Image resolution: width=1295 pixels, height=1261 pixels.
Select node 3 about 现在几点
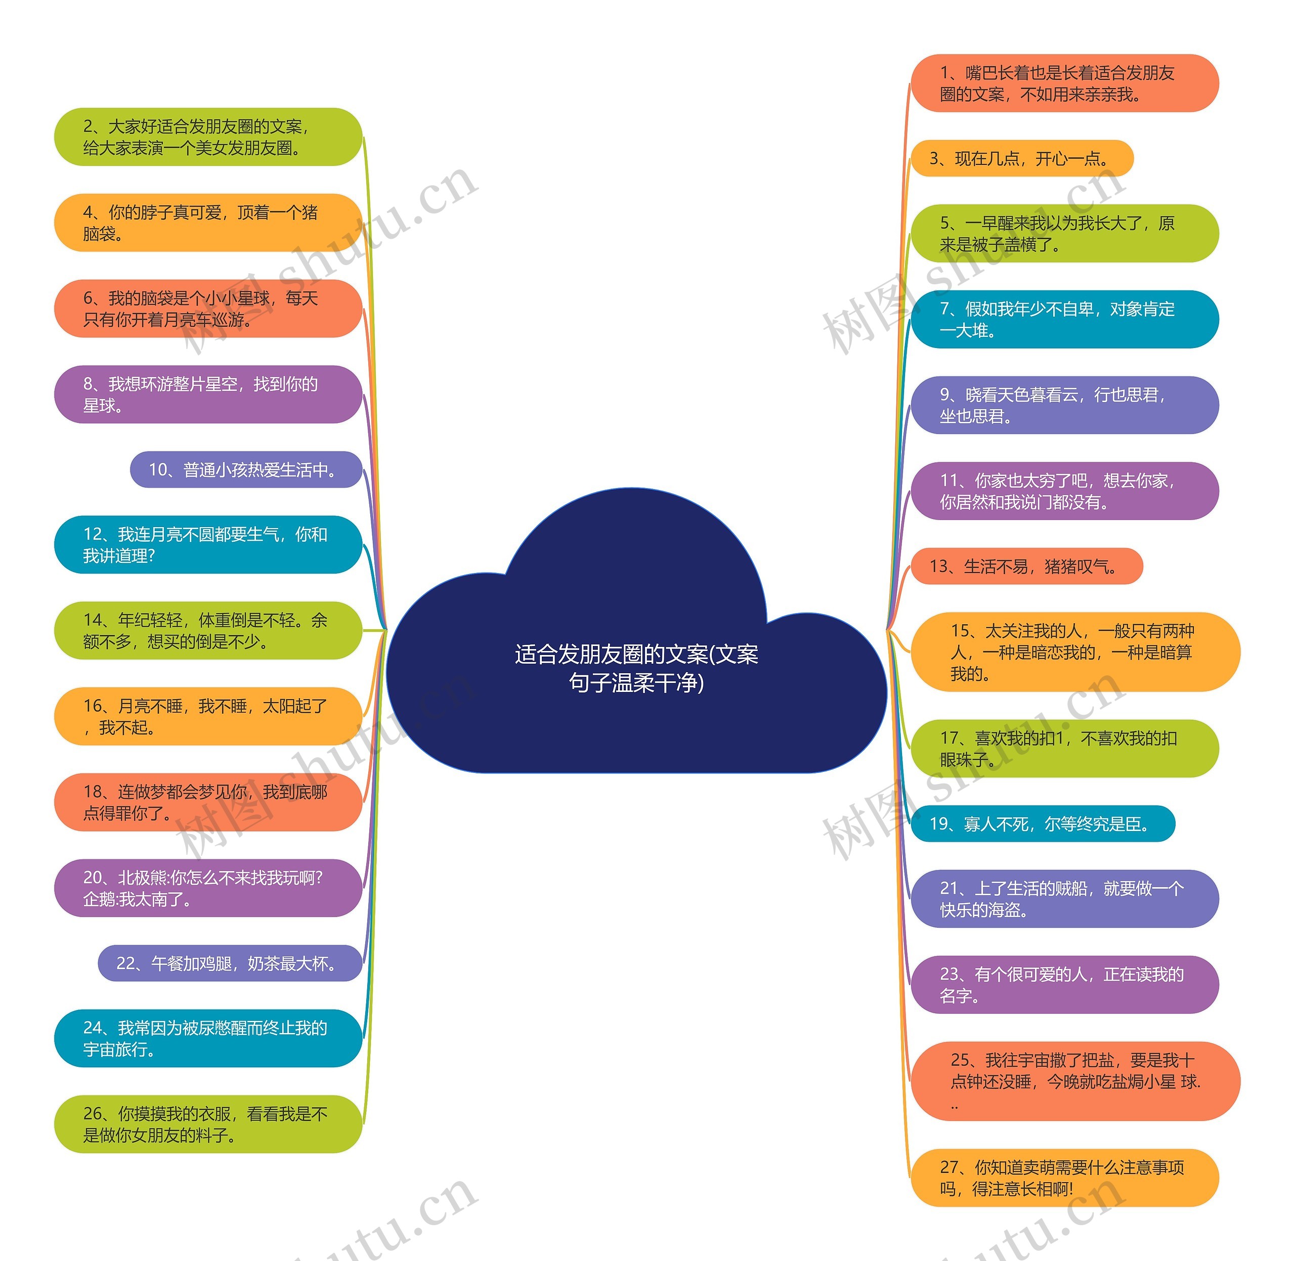point(1021,158)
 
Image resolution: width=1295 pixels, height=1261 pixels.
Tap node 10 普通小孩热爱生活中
point(246,469)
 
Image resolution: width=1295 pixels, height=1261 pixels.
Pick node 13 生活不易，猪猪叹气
point(1026,566)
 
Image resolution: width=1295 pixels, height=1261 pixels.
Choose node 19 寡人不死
point(1042,824)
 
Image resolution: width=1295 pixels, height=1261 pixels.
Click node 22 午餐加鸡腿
point(230,963)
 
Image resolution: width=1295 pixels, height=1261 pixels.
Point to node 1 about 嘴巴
point(1064,83)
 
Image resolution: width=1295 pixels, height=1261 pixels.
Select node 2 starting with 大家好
point(208,137)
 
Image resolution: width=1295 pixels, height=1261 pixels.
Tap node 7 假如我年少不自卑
point(1064,319)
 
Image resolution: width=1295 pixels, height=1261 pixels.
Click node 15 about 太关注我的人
point(1074,653)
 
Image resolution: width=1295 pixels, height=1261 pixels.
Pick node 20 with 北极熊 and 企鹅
point(208,888)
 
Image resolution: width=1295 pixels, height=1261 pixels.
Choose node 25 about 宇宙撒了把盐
point(1074,1081)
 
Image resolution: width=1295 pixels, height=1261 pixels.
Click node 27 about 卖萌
point(1064,1178)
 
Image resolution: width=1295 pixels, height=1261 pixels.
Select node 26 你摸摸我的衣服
point(208,1124)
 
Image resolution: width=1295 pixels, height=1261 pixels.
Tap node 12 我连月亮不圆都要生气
point(208,544)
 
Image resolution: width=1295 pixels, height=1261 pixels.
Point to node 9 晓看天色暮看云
point(1064,405)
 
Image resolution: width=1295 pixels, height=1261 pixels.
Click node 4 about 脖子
point(208,223)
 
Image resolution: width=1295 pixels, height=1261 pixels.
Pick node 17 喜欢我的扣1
point(1064,749)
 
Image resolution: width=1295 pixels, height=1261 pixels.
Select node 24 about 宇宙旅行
point(208,1038)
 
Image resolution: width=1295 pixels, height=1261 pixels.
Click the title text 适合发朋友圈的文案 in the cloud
point(636,668)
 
